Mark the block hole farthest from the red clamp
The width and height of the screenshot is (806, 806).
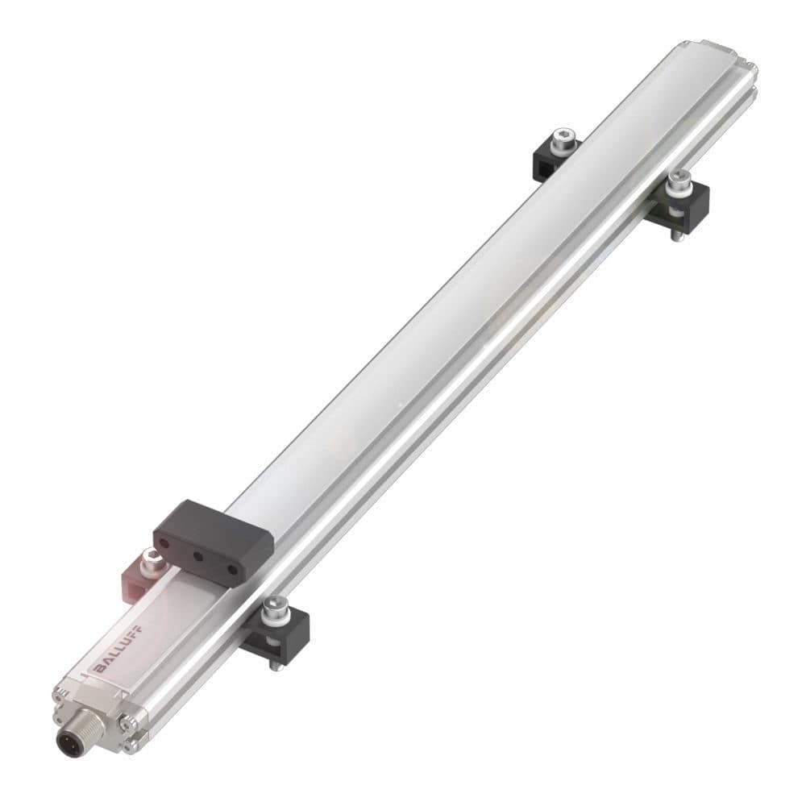[232, 569]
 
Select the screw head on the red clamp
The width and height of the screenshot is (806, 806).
[150, 559]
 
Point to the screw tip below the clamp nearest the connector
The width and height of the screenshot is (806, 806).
[275, 665]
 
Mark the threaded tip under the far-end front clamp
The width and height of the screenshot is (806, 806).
[678, 237]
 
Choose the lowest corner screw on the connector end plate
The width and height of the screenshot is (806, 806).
[128, 746]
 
